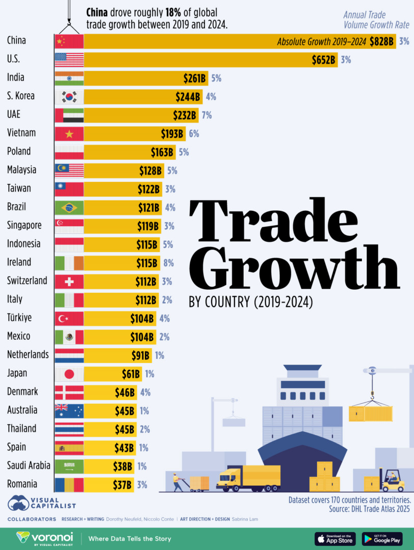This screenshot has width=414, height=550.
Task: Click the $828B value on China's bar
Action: pyautogui.click(x=382, y=42)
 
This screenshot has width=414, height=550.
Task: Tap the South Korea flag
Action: pyautogui.click(x=69, y=97)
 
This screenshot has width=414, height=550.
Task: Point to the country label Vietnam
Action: pyautogui.click(x=21, y=133)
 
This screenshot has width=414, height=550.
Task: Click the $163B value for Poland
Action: pyautogui.click(x=162, y=152)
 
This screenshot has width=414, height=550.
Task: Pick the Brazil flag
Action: pyautogui.click(x=69, y=207)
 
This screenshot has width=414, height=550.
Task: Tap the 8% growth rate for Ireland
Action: pyautogui.click(x=168, y=263)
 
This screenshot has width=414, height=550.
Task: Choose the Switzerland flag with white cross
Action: pyautogui.click(x=69, y=281)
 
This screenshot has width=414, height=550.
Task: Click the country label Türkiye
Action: pyautogui.click(x=19, y=318)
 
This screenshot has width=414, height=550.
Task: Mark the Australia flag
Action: pyautogui.click(x=69, y=410)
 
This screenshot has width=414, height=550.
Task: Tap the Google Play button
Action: pyautogui.click(x=382, y=539)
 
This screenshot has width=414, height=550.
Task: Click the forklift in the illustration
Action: pyautogui.click(x=392, y=480)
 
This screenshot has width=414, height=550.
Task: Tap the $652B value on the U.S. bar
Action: pyautogui.click(x=324, y=60)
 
